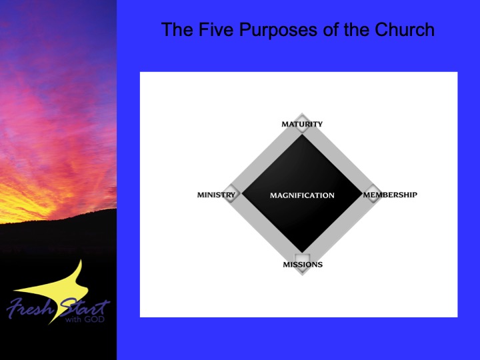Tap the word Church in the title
point(405,30)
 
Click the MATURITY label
point(302,124)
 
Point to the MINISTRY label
point(216,195)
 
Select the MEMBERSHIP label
point(390,195)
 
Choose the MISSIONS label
point(303,265)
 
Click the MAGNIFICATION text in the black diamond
point(302,195)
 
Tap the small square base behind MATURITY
point(302,124)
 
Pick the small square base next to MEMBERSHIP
point(373,193)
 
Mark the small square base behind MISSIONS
point(302,262)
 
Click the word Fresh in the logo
point(30,307)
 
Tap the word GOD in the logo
point(95,319)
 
